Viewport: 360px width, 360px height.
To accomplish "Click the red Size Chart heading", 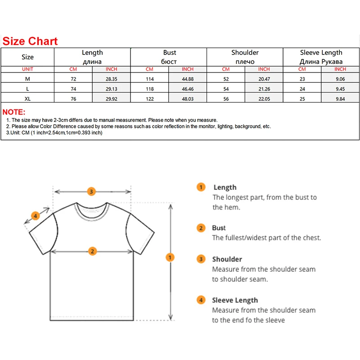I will (30, 41).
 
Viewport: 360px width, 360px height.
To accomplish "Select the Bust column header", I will (169, 57).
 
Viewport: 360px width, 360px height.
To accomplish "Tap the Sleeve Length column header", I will (321, 57).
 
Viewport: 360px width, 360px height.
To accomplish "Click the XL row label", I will (27, 99).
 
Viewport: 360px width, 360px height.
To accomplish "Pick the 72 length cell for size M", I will (73, 79).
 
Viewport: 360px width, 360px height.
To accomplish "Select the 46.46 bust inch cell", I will (188, 89).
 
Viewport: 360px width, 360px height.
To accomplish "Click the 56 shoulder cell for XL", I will (225, 99).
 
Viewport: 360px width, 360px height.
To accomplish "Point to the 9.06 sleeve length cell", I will (340, 79).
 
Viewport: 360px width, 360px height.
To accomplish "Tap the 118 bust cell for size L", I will (149, 89).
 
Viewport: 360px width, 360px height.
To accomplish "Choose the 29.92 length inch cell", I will (111, 99).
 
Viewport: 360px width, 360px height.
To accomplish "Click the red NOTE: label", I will (14, 112).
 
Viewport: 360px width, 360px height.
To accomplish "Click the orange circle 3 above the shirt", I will (91, 191).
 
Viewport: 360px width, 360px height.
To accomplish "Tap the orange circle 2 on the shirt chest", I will (92, 251).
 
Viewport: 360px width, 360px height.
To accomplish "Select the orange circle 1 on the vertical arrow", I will (170, 257).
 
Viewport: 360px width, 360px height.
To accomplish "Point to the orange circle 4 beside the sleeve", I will (36, 216).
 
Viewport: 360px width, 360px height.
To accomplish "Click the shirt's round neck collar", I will (92, 209).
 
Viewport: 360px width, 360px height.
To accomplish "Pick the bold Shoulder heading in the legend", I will (227, 259).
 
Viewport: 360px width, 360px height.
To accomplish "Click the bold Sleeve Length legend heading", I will (235, 300).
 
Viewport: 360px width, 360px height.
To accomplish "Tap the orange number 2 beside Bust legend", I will (201, 228).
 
